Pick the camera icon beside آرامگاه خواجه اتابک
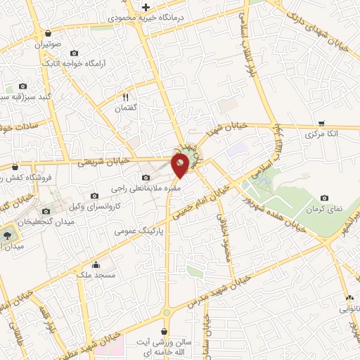[75, 53]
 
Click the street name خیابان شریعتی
[104, 162]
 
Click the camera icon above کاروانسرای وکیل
[95, 195]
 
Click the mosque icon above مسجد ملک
[96, 264]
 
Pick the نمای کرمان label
[323, 210]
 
